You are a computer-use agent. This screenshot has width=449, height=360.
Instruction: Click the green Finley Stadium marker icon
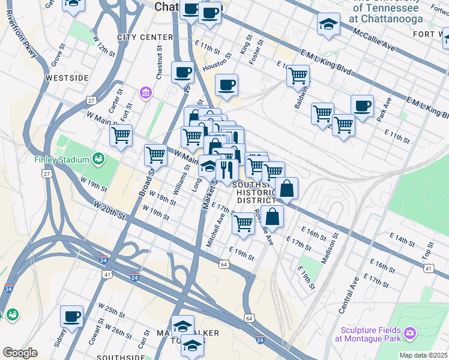[98, 160]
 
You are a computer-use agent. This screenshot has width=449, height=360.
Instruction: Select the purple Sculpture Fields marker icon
[410, 332]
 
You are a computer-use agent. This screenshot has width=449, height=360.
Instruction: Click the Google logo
[20, 353]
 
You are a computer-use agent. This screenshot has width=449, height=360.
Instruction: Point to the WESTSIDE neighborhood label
[67, 78]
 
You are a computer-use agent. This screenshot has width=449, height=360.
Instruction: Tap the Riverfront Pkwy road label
[23, 35]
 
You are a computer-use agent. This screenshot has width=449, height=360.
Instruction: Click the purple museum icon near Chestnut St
[145, 92]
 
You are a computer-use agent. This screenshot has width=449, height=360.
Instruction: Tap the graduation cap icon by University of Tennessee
[328, 25]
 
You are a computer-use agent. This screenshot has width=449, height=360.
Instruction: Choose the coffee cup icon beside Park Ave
[362, 106]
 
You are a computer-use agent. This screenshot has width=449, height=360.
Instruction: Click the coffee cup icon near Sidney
[72, 316]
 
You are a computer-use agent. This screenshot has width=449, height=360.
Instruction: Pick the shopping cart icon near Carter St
[121, 134]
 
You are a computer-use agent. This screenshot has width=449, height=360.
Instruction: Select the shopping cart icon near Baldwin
[298, 75]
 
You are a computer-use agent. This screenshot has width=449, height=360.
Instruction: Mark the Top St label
[430, 247]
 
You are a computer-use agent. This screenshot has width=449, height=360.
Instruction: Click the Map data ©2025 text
[423, 355]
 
